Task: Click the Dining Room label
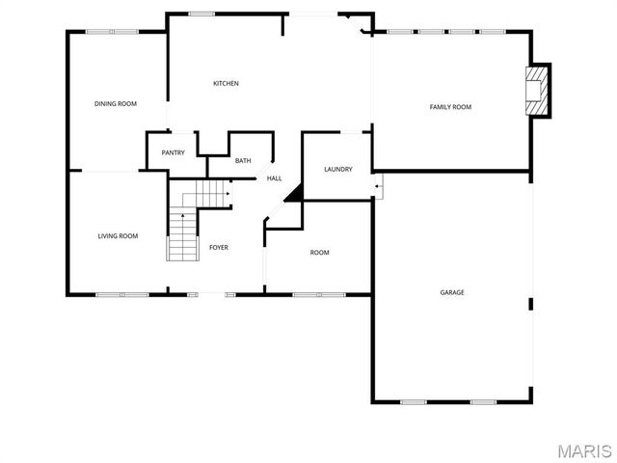click(x=115, y=103)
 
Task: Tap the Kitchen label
click(x=226, y=83)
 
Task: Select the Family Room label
click(x=450, y=106)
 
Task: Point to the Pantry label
click(x=174, y=152)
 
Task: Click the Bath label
click(x=243, y=160)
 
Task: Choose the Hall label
click(x=274, y=177)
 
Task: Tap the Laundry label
click(x=337, y=169)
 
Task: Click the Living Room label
click(x=118, y=235)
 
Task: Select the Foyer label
click(x=219, y=248)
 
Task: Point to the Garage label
click(x=452, y=291)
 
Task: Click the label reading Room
click(x=319, y=253)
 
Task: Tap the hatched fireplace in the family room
click(x=538, y=92)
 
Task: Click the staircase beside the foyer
click(x=182, y=236)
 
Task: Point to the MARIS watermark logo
click(x=577, y=449)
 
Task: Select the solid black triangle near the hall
click(x=295, y=193)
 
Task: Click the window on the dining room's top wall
click(x=111, y=32)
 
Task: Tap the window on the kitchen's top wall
click(x=201, y=14)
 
